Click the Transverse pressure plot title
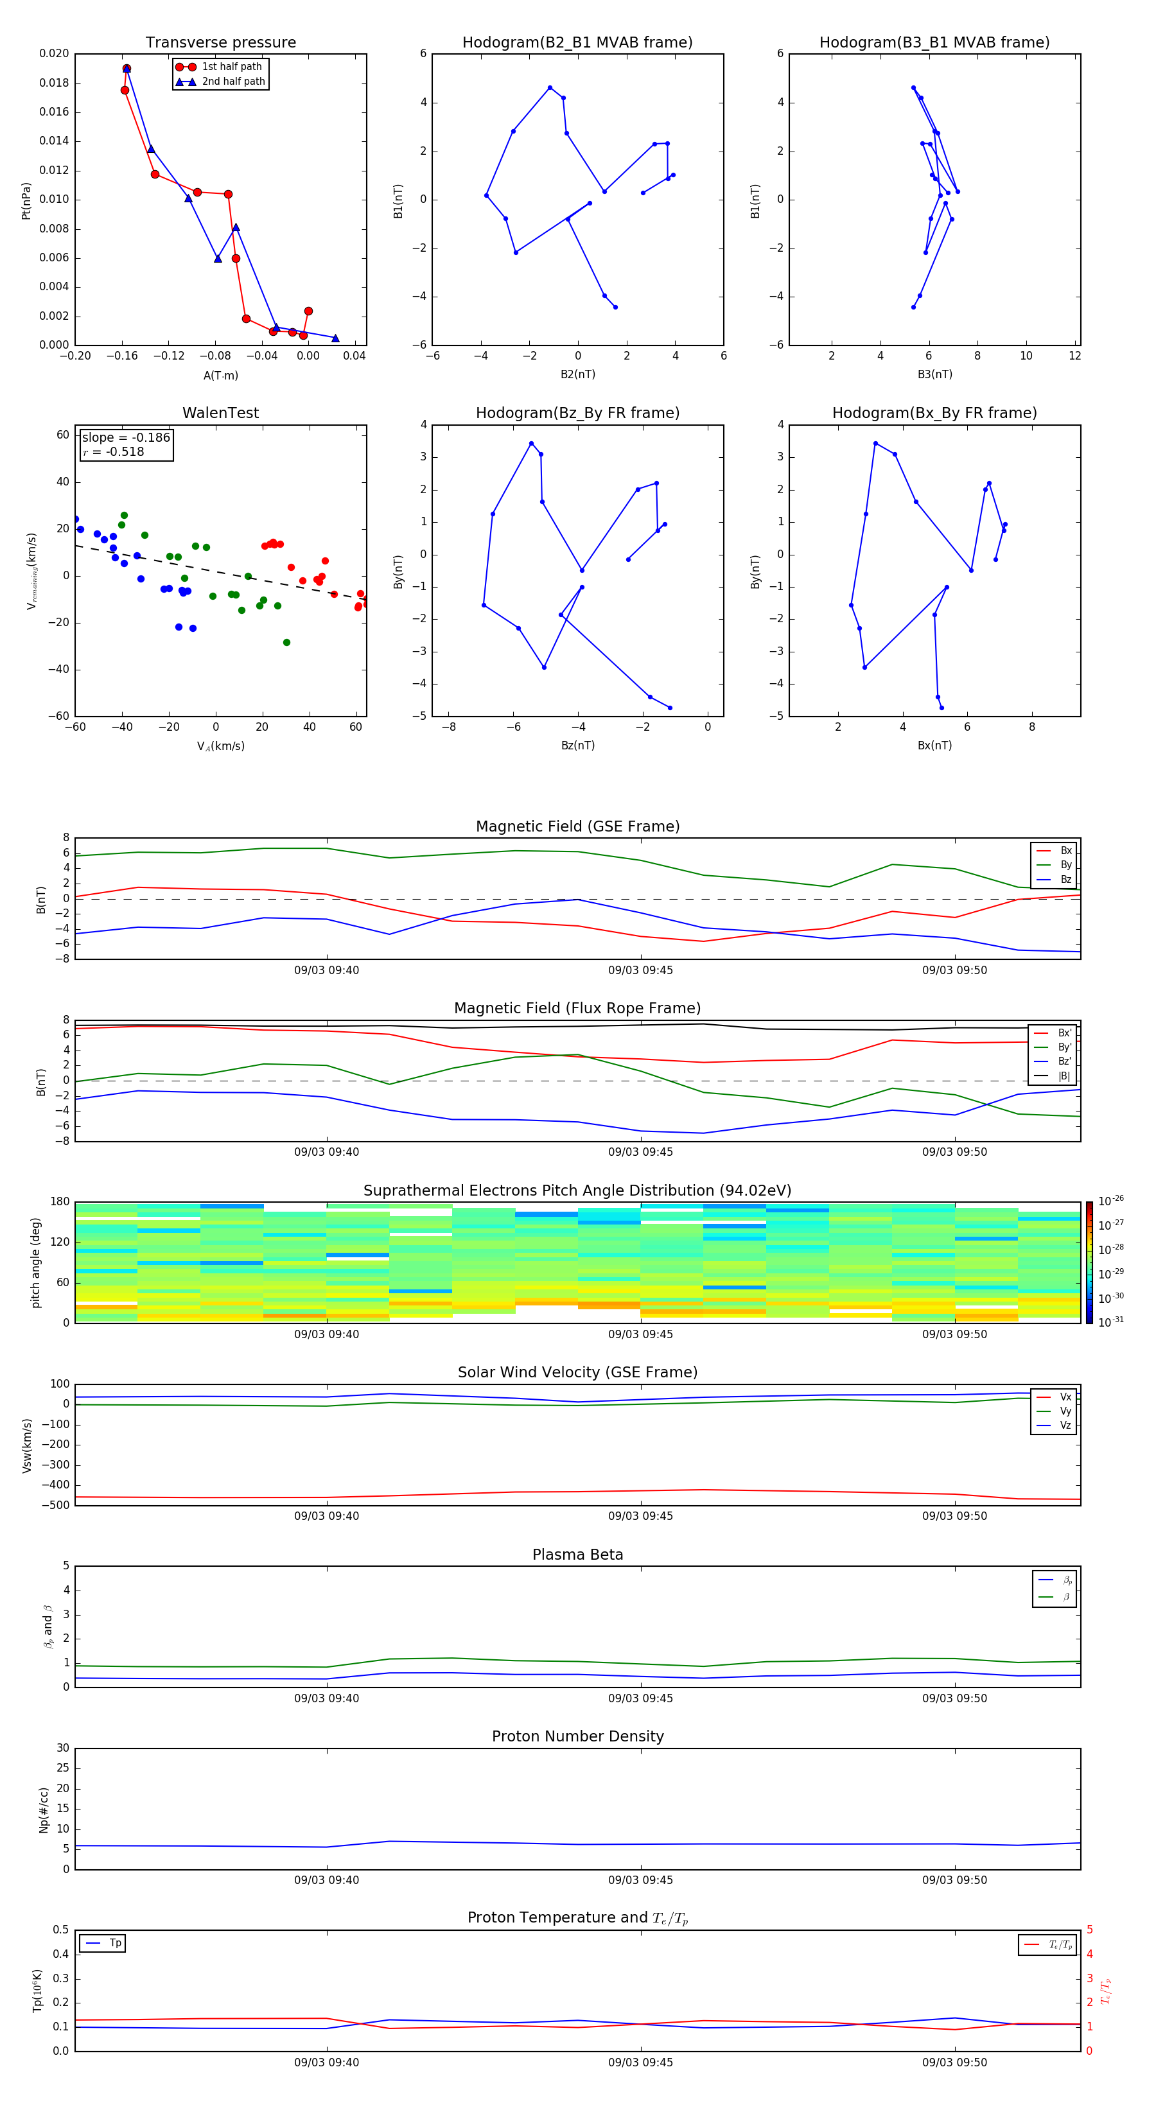click(220, 43)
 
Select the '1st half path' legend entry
click(231, 67)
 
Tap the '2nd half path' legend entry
click(233, 82)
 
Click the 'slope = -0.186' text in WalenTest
click(126, 438)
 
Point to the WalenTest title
click(220, 413)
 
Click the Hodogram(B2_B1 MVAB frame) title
click(577, 43)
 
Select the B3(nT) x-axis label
click(934, 374)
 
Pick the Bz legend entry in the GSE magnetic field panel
click(1065, 879)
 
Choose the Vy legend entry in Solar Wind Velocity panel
click(1065, 1411)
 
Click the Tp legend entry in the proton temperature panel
click(115, 1943)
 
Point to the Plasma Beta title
click(577, 1555)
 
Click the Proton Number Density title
click(577, 1736)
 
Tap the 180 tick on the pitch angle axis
click(60, 1202)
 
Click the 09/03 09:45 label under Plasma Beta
click(640, 1698)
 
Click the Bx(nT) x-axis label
click(934, 746)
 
